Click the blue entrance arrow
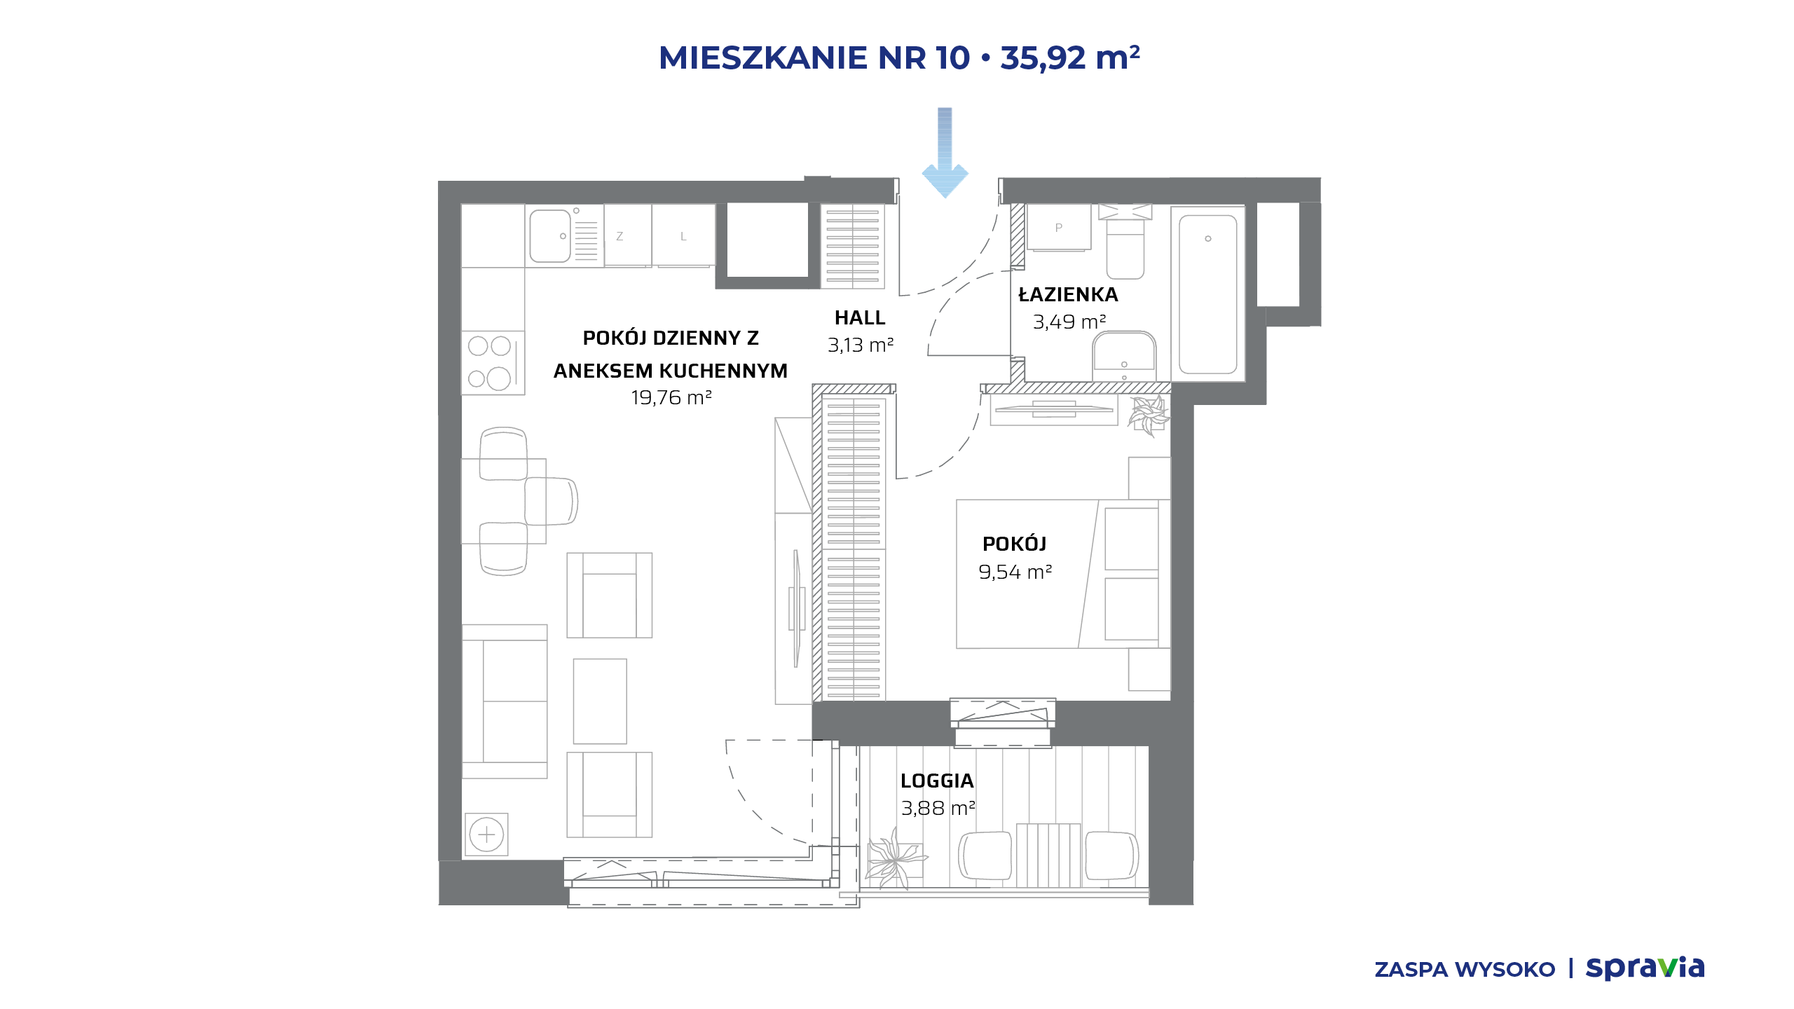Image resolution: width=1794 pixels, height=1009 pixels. point(945,153)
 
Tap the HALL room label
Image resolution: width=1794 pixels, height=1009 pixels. point(860,318)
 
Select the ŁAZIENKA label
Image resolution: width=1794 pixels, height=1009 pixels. point(1068,294)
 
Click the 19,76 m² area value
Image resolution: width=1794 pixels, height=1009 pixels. point(671,398)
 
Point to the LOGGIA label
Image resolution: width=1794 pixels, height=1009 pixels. point(937,781)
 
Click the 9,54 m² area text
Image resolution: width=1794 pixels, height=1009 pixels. point(1015,572)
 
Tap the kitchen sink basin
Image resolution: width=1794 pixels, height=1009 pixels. point(550,236)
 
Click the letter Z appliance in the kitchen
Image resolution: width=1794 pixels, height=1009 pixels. point(619,237)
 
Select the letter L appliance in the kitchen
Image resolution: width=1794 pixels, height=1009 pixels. point(683,237)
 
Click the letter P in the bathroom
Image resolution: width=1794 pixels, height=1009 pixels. point(1059,228)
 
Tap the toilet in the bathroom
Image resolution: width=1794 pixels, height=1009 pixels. point(1125,242)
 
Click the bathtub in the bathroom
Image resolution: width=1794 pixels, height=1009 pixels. point(1208,294)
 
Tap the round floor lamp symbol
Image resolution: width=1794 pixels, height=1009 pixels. point(486,835)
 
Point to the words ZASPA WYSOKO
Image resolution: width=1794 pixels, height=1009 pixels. point(1465,970)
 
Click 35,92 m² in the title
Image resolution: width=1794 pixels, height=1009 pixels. point(1070,57)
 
